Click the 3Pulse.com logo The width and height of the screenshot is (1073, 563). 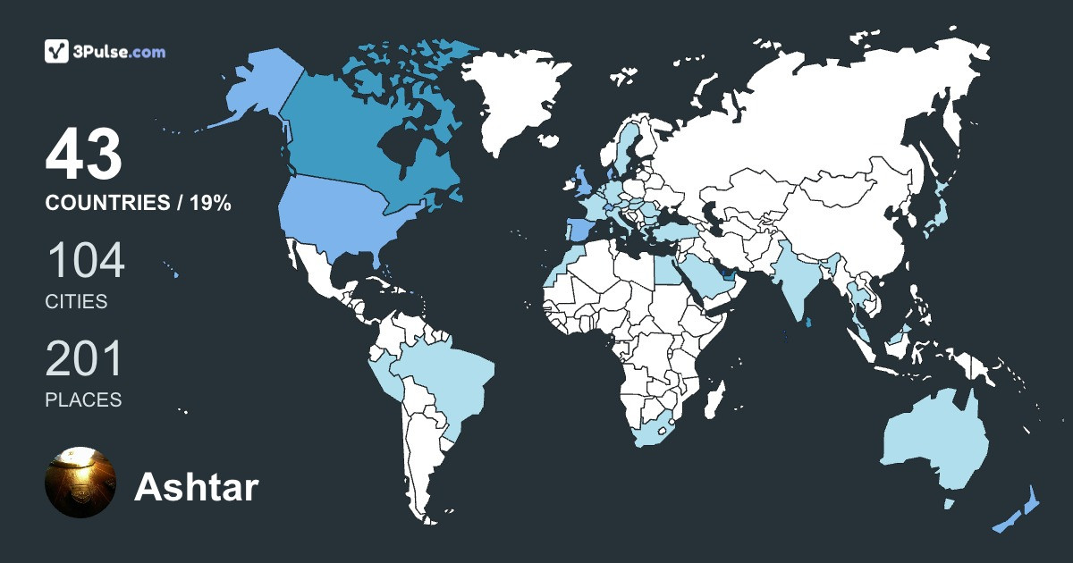105,52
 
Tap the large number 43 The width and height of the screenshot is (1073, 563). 83,155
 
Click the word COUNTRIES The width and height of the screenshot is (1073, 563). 106,204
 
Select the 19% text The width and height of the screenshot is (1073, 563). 210,204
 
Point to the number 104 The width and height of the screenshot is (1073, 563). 85,262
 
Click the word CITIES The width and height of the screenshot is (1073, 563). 76,302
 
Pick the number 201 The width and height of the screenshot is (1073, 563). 83,360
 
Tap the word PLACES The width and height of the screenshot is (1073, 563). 83,400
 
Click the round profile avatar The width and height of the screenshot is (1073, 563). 80,483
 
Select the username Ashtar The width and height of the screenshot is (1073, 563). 196,488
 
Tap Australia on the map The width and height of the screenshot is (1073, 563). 934,442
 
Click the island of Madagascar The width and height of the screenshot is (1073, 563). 713,398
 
